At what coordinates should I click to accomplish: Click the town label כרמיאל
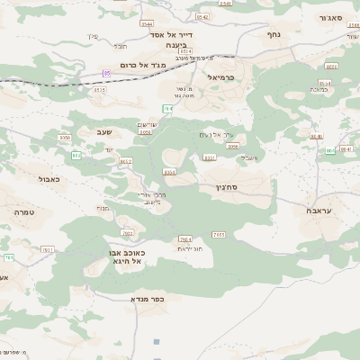[x=220, y=77]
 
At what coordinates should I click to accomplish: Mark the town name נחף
[x=274, y=34]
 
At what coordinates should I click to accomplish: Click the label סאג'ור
[x=334, y=17]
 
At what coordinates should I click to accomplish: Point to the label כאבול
[x=49, y=179]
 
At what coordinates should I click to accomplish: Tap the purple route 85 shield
[x=107, y=72]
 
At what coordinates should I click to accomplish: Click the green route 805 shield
[x=76, y=155]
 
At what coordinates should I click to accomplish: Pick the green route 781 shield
[x=9, y=257]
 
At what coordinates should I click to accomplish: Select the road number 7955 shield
[x=219, y=234]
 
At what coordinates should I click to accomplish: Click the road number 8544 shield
[x=184, y=51]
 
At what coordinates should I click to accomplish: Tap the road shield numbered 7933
[x=127, y=232]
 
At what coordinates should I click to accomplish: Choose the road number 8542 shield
[x=202, y=17]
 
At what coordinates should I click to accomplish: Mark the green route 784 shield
[x=167, y=108]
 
